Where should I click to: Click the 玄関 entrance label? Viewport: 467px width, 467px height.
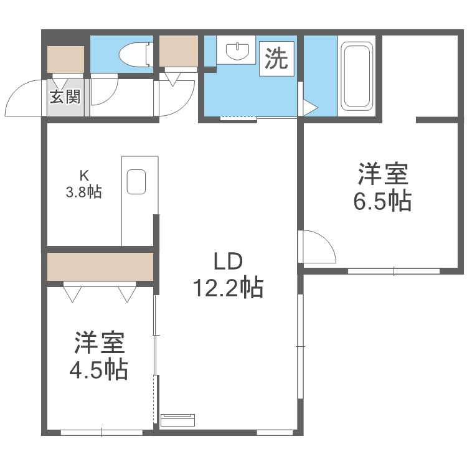coord(65,97)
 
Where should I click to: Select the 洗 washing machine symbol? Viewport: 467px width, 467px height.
coord(276,59)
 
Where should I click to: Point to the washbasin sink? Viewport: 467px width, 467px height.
coord(236,50)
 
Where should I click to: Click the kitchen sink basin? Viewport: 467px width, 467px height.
coord(136,182)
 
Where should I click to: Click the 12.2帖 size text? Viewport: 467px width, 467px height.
coord(227,288)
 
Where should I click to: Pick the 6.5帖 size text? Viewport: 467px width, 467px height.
coord(382,200)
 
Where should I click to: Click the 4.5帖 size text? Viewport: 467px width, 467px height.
coord(98,370)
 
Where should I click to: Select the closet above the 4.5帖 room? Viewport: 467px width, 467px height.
coord(100,267)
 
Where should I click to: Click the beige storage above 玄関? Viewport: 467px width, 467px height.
coord(66,60)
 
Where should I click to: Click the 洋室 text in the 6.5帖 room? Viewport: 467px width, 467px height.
coord(383,173)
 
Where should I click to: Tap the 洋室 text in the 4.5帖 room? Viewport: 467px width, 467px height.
coord(100,342)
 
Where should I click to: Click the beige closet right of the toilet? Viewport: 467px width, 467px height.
coord(179,52)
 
